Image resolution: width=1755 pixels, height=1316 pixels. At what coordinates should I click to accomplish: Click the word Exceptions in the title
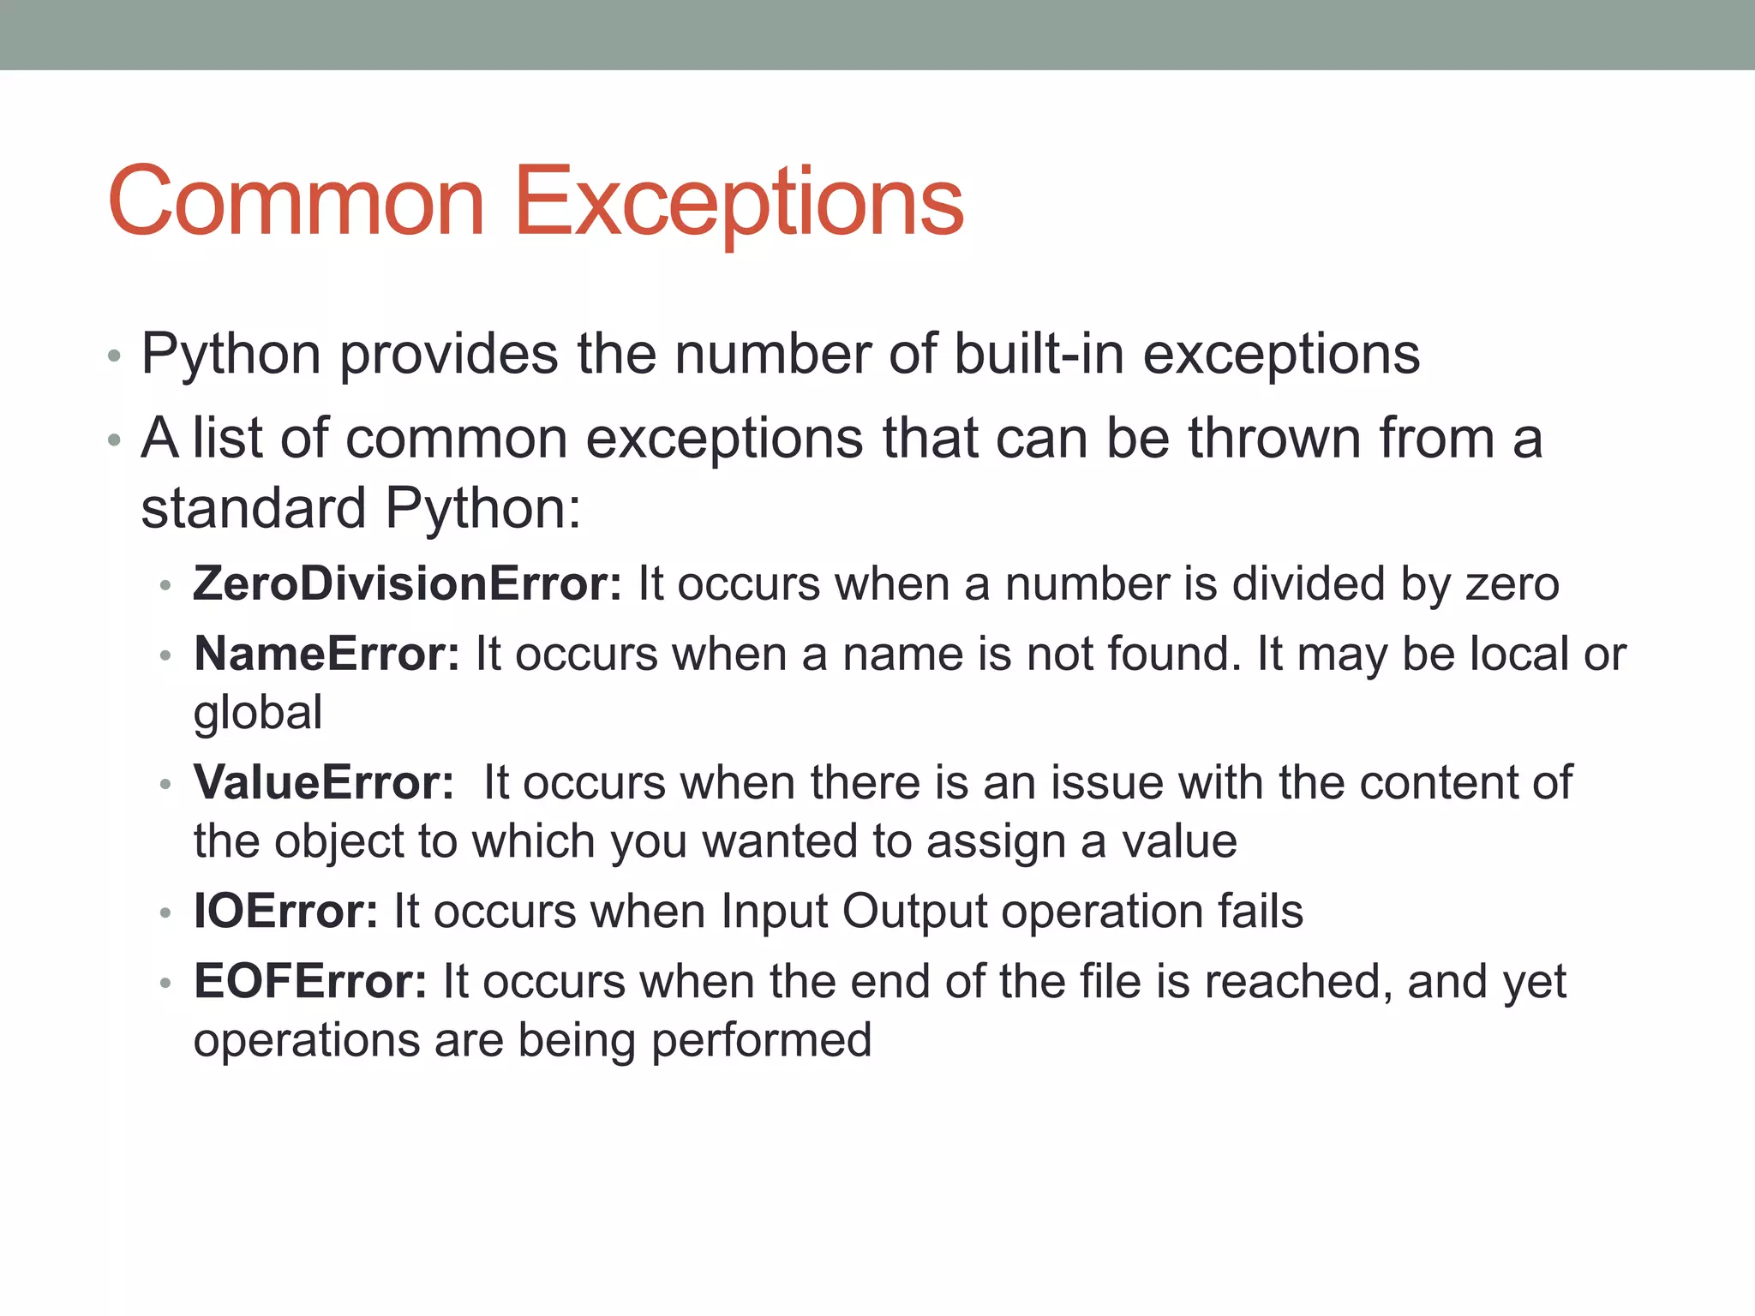(x=738, y=203)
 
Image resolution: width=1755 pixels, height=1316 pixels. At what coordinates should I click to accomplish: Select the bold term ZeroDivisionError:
(x=407, y=584)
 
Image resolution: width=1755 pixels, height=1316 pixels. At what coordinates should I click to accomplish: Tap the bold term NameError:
(x=326, y=655)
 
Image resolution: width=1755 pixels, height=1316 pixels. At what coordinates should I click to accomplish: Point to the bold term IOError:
(x=285, y=912)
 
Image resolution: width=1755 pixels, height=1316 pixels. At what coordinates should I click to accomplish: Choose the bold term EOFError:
(x=310, y=982)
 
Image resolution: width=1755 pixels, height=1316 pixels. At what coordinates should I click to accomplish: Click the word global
(x=258, y=714)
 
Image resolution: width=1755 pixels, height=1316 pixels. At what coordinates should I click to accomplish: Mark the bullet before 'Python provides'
(x=115, y=356)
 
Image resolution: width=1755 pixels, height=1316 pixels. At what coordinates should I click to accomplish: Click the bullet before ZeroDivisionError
(x=166, y=587)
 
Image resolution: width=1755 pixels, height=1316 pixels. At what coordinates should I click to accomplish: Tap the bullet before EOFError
(x=166, y=984)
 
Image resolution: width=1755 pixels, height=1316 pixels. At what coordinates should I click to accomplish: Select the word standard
(x=253, y=508)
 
